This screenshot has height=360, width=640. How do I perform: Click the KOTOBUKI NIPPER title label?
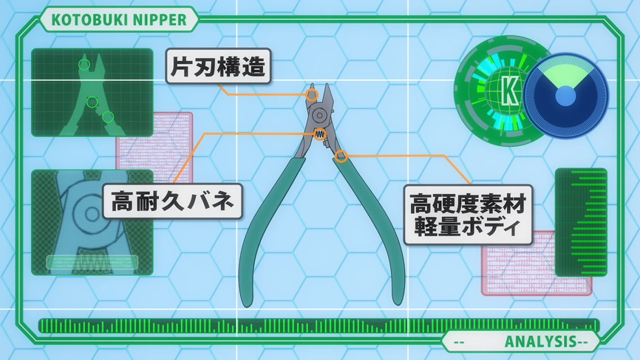click(x=119, y=20)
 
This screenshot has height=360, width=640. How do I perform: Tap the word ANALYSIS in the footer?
click(x=539, y=341)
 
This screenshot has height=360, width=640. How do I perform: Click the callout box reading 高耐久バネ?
click(x=172, y=201)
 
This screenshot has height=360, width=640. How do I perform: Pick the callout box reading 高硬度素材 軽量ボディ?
click(x=468, y=214)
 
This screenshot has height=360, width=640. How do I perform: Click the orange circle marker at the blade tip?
click(x=313, y=94)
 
